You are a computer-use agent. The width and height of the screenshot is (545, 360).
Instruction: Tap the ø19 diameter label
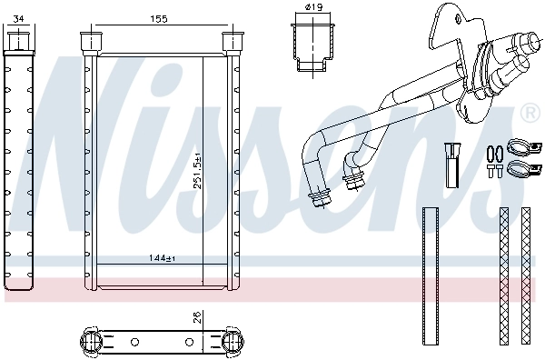(314, 8)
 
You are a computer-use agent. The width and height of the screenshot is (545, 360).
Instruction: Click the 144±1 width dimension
(162, 259)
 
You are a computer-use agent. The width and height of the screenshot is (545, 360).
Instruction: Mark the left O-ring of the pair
(490, 153)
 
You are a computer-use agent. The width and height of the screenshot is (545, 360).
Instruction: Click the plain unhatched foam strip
(431, 276)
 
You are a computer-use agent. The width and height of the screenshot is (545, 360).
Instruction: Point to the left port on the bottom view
(94, 342)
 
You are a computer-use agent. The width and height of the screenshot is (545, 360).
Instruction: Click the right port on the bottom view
(232, 342)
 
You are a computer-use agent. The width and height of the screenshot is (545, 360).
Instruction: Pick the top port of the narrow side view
(18, 40)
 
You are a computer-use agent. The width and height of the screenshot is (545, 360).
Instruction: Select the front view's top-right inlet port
(235, 42)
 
